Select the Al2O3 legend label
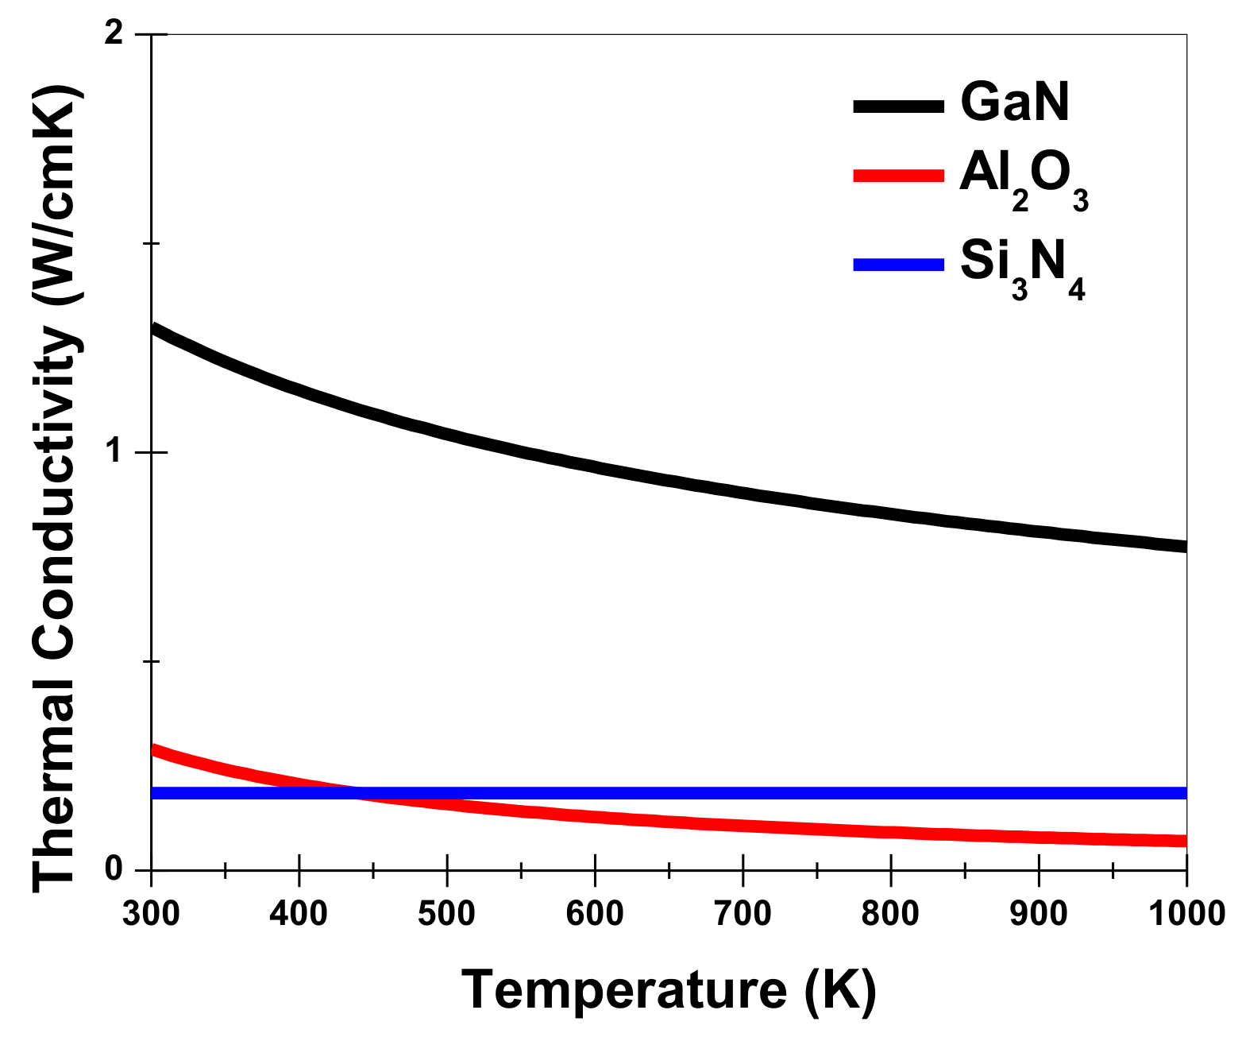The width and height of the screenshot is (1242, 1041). pos(1023,180)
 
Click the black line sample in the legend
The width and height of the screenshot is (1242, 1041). pos(899,106)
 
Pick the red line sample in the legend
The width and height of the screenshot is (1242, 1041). pos(899,176)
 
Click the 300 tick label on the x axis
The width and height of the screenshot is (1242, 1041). pos(151,914)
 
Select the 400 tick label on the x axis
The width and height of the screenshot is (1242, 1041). pos(299,914)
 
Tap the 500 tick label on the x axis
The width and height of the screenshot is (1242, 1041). pos(446,914)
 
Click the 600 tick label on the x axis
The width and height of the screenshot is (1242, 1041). pos(595,914)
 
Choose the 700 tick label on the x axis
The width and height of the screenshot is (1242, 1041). pos(742,914)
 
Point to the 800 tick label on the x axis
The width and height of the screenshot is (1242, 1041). pos(890,914)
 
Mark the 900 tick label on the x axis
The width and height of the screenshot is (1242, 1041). pos(1039,914)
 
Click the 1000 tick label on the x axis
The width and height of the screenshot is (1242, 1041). pos(1186,914)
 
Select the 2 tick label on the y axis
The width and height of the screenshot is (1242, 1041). pos(114,35)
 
